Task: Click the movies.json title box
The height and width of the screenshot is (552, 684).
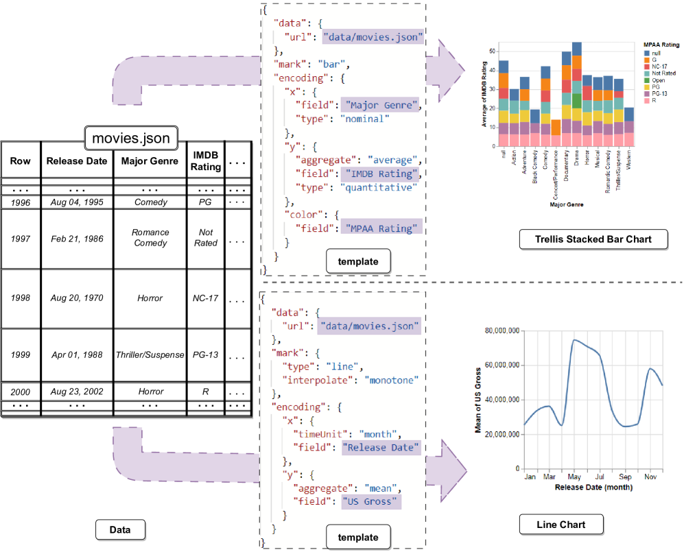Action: pos(130,138)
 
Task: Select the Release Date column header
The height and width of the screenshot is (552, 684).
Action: pos(77,161)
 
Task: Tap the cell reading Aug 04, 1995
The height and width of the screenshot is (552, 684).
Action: pos(77,202)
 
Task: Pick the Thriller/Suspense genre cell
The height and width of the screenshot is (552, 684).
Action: pos(150,355)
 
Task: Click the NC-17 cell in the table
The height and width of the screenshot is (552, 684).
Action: pos(206,298)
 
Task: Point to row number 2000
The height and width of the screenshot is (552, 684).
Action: pos(21,392)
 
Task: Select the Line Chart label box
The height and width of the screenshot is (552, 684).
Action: pos(562,525)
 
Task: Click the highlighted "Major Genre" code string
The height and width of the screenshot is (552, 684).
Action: pos(379,105)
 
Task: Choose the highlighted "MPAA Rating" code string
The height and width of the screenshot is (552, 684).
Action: pos(379,228)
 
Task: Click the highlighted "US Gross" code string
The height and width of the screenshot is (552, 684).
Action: pos(370,501)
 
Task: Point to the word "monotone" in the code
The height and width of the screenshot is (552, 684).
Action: pos(391,379)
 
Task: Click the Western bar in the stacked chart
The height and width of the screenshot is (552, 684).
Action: pos(629,127)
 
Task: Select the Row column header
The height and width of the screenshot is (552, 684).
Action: pos(21,161)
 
